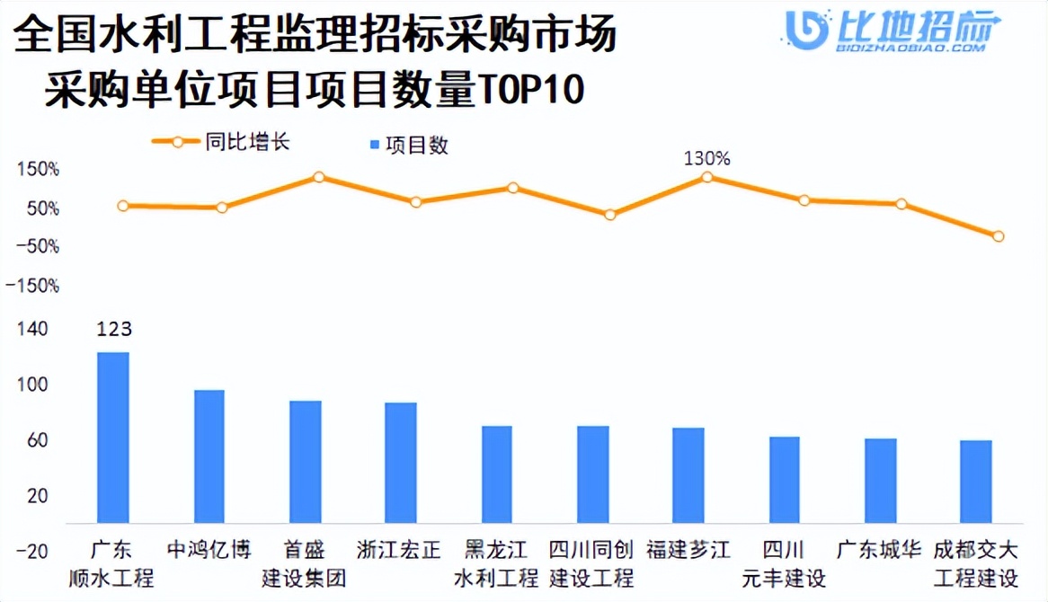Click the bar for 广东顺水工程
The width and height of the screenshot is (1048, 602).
(113, 437)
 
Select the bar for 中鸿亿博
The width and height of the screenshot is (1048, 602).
(209, 456)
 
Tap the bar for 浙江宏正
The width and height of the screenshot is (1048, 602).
(401, 462)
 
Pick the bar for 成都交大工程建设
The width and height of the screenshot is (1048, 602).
(976, 481)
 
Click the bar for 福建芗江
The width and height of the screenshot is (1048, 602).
(688, 474)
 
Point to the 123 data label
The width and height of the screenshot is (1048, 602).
(113, 330)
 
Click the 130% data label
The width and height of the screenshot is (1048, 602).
(707, 158)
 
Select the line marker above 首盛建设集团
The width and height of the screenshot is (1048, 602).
(318, 177)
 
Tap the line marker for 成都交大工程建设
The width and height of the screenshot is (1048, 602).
(998, 236)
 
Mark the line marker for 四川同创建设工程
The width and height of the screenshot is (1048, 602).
(610, 215)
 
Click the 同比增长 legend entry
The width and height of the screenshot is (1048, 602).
(221, 142)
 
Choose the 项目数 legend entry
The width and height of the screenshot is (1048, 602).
(409, 146)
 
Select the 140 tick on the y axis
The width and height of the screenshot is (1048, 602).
(31, 330)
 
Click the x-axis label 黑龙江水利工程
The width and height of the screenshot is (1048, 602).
(496, 562)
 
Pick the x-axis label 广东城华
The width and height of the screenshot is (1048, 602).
(879, 549)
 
